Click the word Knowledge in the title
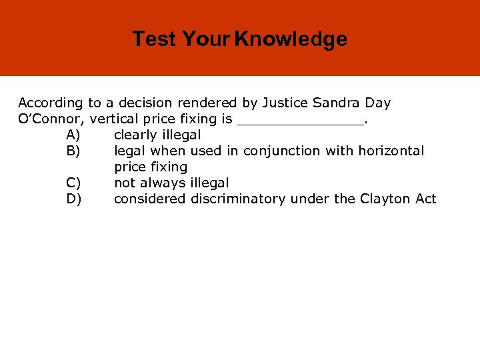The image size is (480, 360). pos(291,39)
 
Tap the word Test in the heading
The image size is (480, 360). pos(154,39)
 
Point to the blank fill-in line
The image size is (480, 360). pos(301,122)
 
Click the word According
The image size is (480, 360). pos(51,103)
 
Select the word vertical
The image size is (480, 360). pos(115,119)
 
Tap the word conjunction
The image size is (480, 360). pos(282,151)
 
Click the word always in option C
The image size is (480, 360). pos(163,183)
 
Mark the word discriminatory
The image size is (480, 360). pos(242,199)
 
